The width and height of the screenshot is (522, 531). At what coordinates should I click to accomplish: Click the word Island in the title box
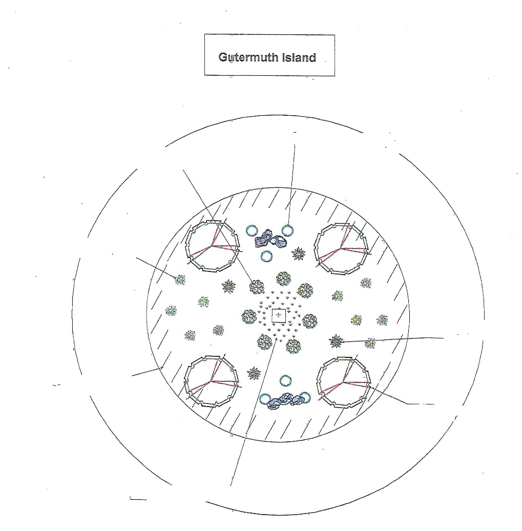(x=299, y=57)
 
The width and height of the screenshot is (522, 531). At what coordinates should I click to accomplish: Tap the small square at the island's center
(x=279, y=315)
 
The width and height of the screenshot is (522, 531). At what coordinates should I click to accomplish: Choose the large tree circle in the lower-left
(x=185, y=381)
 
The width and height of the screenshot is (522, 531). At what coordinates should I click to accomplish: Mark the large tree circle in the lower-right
(x=318, y=382)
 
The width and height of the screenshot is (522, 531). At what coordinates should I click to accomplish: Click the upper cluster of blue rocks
(x=270, y=239)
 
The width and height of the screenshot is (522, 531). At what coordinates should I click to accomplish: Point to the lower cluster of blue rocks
(x=285, y=400)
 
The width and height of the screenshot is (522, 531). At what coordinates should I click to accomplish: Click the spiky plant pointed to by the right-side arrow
(x=336, y=342)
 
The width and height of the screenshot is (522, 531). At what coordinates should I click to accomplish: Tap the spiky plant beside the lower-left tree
(x=254, y=373)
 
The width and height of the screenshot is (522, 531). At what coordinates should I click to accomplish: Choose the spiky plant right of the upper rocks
(x=299, y=253)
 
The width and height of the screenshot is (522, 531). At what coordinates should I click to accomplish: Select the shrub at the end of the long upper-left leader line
(x=257, y=287)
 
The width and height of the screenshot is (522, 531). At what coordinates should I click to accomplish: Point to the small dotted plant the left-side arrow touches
(x=180, y=280)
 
